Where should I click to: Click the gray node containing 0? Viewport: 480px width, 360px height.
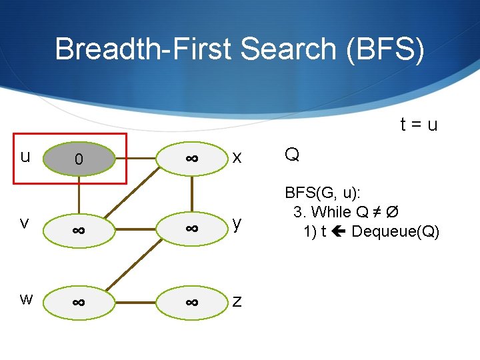click(x=79, y=159)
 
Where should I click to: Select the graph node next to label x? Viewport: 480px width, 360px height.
click(x=191, y=159)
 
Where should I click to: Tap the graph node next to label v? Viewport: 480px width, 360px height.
click(x=79, y=229)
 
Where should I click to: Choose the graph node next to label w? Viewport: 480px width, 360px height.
click(x=79, y=302)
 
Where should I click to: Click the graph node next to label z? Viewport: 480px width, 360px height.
click(x=191, y=302)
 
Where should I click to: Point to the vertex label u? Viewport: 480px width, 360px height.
click(x=25, y=157)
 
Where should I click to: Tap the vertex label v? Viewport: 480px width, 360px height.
click(x=25, y=223)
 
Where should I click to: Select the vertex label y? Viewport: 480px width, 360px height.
click(x=237, y=225)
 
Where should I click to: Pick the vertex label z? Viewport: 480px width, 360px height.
click(x=237, y=301)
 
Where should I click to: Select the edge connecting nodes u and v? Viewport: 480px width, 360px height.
click(x=79, y=194)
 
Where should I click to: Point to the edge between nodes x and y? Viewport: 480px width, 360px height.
click(x=191, y=194)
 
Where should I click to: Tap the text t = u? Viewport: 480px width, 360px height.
click(x=419, y=125)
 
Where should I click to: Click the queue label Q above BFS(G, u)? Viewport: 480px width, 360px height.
click(x=291, y=155)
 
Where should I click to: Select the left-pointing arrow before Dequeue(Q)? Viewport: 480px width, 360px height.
click(x=338, y=231)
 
